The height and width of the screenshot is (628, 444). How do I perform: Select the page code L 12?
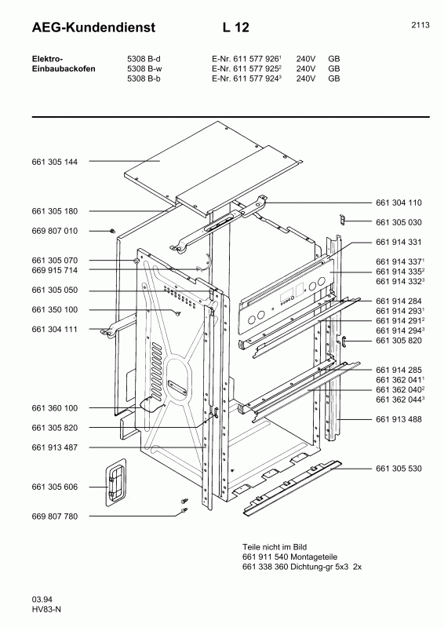[235, 27]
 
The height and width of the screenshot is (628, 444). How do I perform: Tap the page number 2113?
[420, 25]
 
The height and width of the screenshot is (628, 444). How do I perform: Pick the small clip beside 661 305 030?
[343, 221]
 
